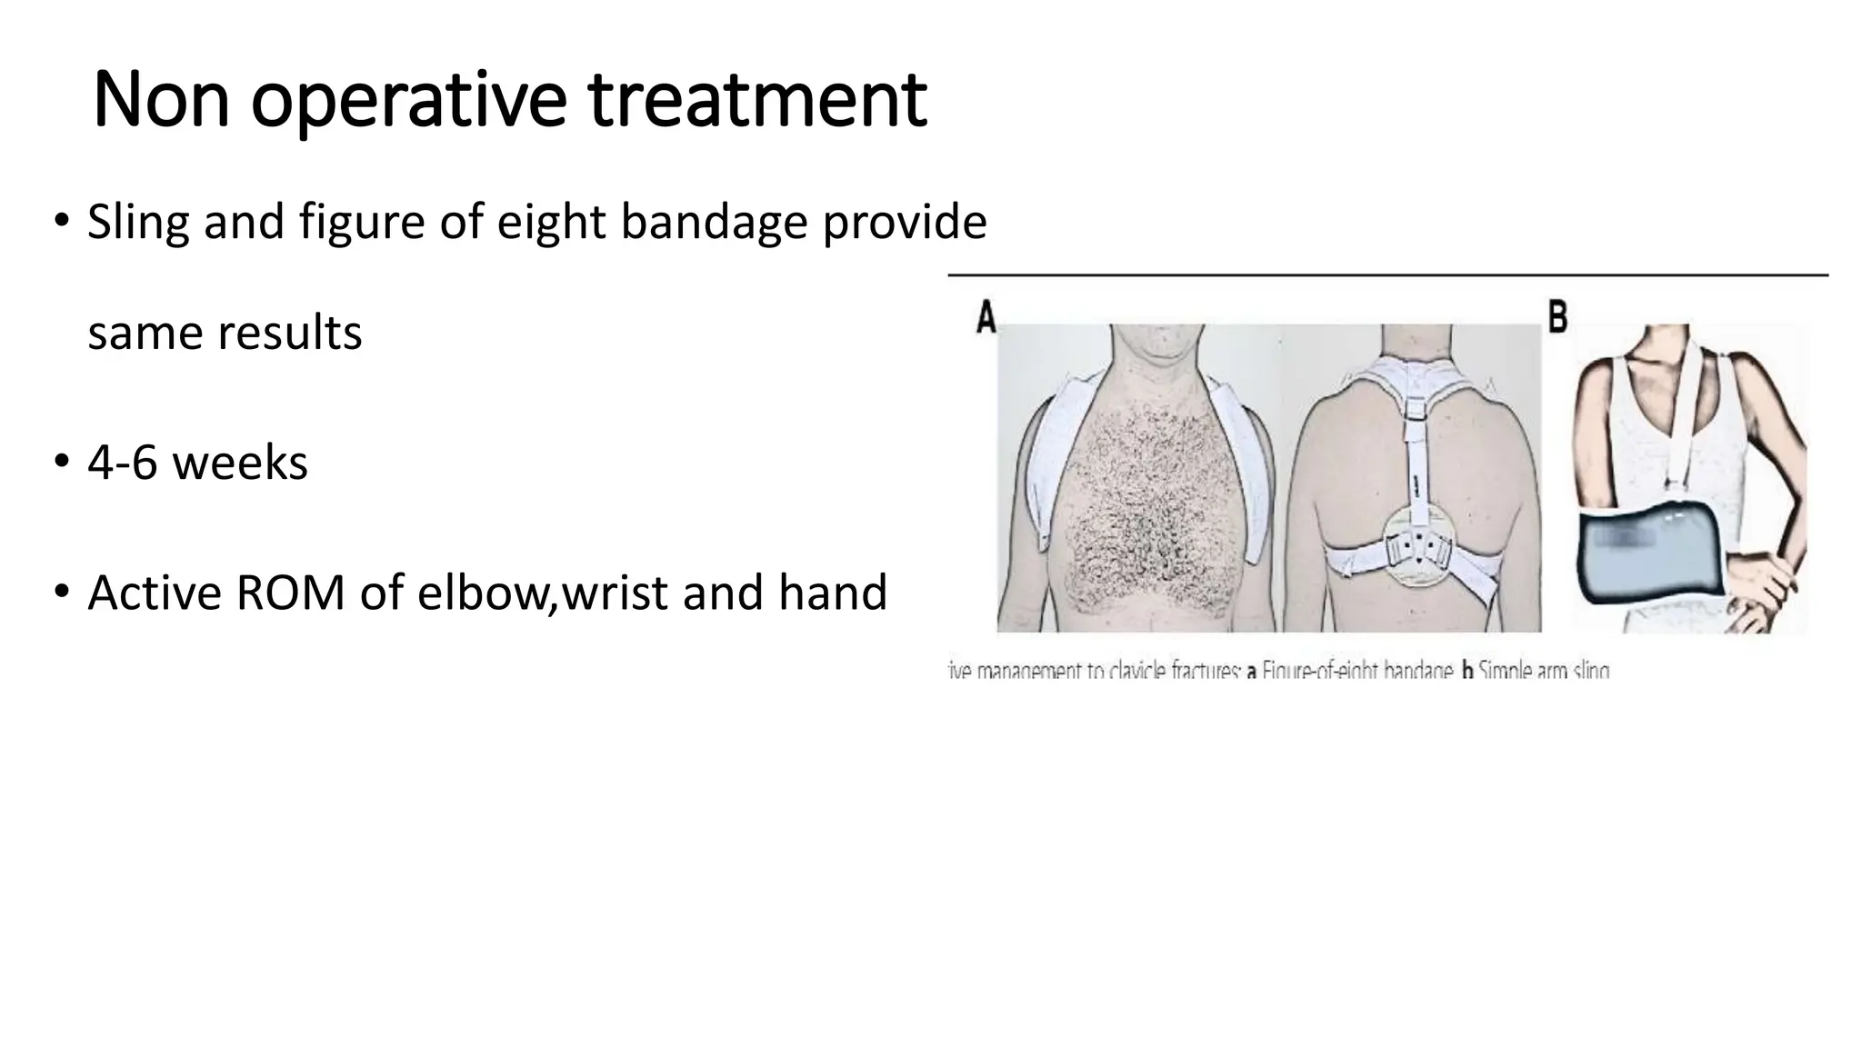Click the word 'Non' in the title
pyautogui.click(x=161, y=99)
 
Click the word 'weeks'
pyautogui.click(x=240, y=463)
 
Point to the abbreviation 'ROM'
pyautogui.click(x=290, y=593)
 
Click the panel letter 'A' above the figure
pyautogui.click(x=986, y=318)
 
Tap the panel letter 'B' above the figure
pyautogui.click(x=1557, y=317)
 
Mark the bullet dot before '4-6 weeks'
pyautogui.click(x=61, y=463)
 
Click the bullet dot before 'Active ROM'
pyautogui.click(x=61, y=593)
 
